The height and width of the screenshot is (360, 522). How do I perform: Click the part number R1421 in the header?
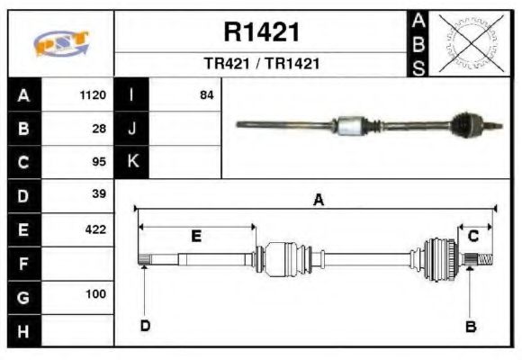click(x=261, y=33)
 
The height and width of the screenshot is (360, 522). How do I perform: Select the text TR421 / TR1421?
click(x=261, y=65)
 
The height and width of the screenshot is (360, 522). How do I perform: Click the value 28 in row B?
click(x=99, y=129)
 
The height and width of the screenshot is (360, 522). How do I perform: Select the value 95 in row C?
click(x=99, y=162)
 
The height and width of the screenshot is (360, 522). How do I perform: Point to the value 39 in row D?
click(x=99, y=195)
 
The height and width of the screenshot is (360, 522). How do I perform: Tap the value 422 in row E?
click(x=95, y=229)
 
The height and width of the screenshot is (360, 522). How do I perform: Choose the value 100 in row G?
click(x=95, y=294)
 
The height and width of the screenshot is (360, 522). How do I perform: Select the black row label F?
click(x=23, y=263)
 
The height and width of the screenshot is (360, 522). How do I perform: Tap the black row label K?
click(x=132, y=162)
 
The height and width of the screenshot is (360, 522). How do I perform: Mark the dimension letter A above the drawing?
click(x=318, y=201)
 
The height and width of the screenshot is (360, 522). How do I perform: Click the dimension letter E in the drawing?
click(x=196, y=236)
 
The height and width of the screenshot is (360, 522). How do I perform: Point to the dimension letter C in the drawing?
click(x=473, y=236)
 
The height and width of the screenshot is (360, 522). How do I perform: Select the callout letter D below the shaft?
click(x=145, y=326)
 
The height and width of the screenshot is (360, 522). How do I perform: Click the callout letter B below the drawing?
click(x=469, y=326)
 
